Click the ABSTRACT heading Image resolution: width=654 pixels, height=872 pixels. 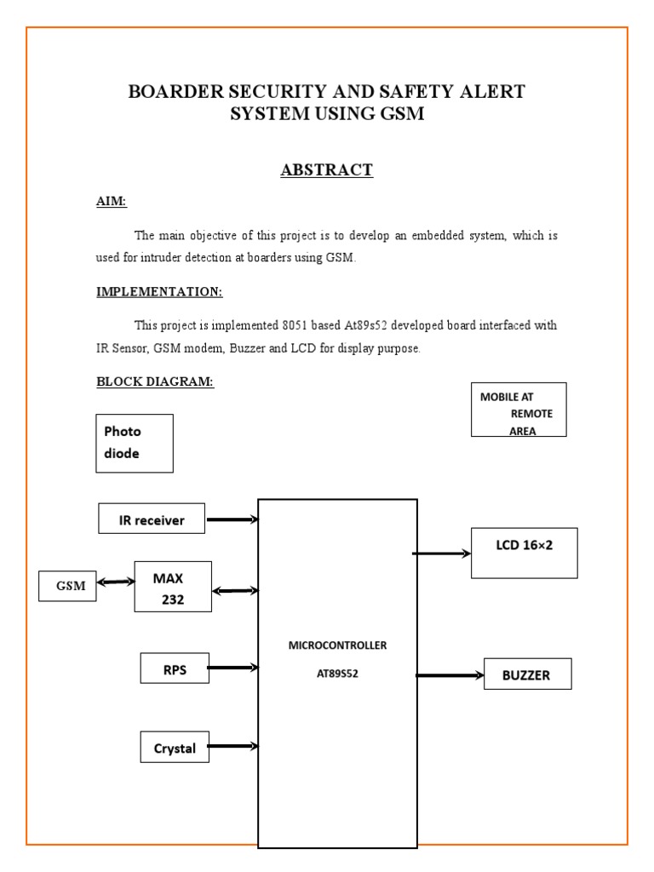pyautogui.click(x=327, y=170)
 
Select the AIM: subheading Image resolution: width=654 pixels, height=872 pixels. pyautogui.click(x=112, y=202)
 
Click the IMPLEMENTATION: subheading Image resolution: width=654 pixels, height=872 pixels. pyautogui.click(x=159, y=292)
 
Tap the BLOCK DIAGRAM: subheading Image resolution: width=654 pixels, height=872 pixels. pyautogui.click(x=155, y=381)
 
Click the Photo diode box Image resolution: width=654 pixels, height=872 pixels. pyautogui.click(x=135, y=443)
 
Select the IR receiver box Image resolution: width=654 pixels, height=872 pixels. pyautogui.click(x=152, y=519)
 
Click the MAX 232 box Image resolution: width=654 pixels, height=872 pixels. pyautogui.click(x=173, y=587)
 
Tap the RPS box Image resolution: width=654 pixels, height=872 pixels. pyautogui.click(x=175, y=668)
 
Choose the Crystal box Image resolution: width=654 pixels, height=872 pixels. pyautogui.click(x=175, y=748)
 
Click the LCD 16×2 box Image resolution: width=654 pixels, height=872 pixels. pyautogui.click(x=524, y=553)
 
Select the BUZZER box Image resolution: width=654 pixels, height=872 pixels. pyautogui.click(x=527, y=674)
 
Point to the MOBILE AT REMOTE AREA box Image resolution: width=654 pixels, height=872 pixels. pyautogui.click(x=519, y=410)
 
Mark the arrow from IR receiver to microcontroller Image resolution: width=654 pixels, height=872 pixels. pyautogui.click(x=232, y=519)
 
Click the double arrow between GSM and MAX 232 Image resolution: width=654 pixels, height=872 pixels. pyautogui.click(x=116, y=582)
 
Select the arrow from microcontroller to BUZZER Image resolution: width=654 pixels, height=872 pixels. pyautogui.click(x=450, y=675)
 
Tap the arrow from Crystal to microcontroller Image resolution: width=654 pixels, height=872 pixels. pyautogui.click(x=232, y=747)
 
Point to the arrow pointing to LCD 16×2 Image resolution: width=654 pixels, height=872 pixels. pyautogui.click(x=442, y=554)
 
